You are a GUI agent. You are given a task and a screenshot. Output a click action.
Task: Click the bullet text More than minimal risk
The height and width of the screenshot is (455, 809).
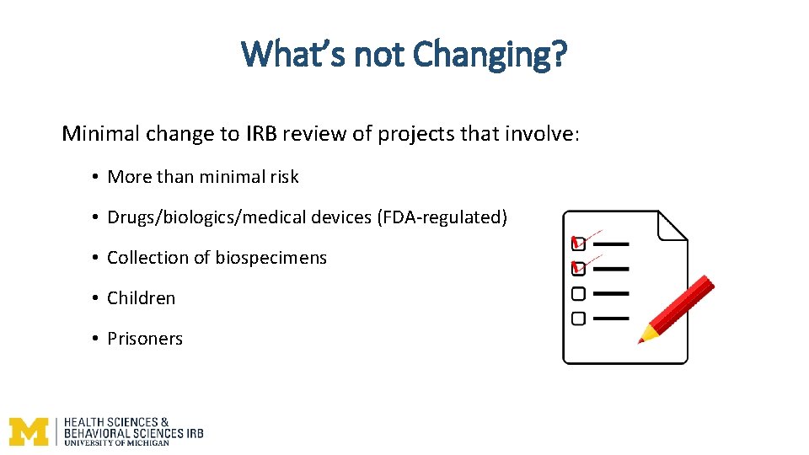tap(203, 177)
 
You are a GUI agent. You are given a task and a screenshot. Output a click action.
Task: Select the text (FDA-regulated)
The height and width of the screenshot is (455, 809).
tap(443, 217)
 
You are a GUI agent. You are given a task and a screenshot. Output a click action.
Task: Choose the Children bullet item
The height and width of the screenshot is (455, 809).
tap(141, 298)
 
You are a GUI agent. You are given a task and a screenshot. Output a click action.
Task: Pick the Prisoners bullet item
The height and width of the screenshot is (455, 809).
tap(144, 339)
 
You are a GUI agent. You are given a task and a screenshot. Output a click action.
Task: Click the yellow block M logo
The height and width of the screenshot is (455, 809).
tap(29, 431)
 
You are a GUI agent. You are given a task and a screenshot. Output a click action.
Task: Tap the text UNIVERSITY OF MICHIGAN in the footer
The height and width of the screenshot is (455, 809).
tap(116, 442)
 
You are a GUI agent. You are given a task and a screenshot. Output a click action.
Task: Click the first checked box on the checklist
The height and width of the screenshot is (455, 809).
tap(578, 244)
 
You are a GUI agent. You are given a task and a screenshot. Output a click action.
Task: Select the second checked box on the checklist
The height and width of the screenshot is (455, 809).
tap(578, 269)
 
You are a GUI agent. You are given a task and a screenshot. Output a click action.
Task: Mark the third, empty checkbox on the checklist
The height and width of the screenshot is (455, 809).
tap(578, 294)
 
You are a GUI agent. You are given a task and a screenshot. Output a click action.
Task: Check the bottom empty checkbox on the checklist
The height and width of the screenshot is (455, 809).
tap(578, 318)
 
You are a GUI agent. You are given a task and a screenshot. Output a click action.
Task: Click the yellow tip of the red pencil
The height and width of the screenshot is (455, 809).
tap(646, 336)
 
